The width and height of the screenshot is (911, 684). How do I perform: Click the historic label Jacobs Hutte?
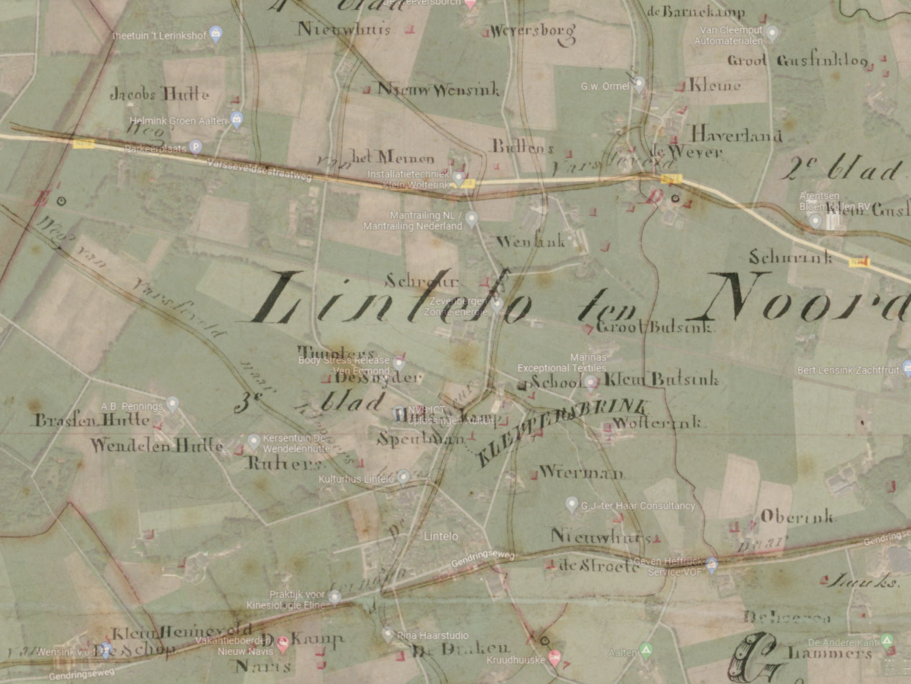(159, 94)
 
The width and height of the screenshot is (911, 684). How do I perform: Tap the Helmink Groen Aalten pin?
(236, 120)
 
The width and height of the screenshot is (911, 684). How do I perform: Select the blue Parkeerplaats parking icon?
(196, 147)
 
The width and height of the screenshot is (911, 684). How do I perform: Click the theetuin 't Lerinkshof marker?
(216, 34)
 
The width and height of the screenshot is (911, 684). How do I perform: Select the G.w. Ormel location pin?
(638, 84)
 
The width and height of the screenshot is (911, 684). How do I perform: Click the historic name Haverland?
(736, 135)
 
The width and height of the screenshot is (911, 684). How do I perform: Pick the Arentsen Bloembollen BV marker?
(816, 220)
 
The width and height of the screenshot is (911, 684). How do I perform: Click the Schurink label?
(790, 257)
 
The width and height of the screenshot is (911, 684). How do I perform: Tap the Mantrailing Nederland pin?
(471, 219)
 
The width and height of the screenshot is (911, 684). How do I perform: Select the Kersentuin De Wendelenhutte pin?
(253, 441)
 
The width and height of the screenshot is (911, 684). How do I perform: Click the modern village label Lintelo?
(441, 536)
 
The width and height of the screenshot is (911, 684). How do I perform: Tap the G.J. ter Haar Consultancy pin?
(572, 504)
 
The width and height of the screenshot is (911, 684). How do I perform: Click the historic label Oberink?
(797, 516)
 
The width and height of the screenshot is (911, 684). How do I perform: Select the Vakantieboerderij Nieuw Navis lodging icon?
(282, 642)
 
